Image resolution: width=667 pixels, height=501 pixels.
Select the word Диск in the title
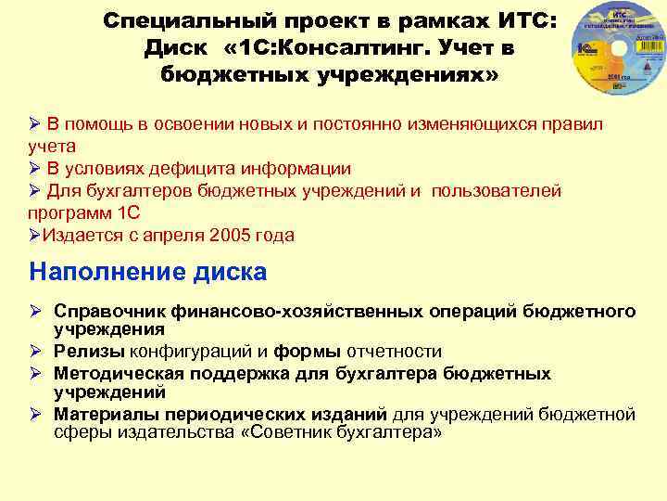coord(175,46)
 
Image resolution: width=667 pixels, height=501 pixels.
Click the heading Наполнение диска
coord(147,272)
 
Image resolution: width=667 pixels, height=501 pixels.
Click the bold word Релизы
coord(83,352)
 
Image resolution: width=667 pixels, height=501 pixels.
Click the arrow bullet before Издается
coord(35,235)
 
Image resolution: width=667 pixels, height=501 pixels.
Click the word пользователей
coord(493,190)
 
